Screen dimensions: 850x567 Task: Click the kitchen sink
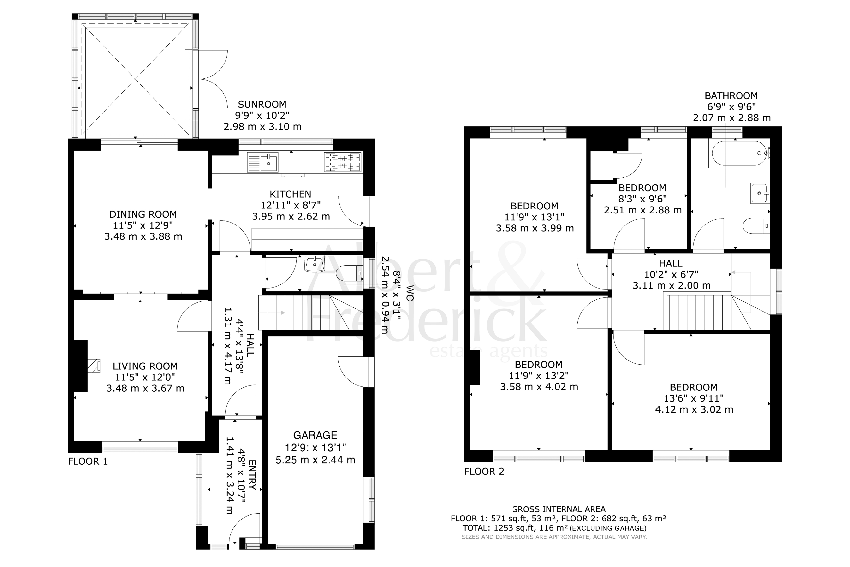(x=263, y=162)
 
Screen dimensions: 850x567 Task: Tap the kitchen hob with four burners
(x=343, y=162)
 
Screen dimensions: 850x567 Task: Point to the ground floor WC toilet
(x=349, y=274)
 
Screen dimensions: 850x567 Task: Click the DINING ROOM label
(x=143, y=214)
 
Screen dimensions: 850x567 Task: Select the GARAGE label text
(x=315, y=435)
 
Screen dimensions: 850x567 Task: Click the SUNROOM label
(x=262, y=105)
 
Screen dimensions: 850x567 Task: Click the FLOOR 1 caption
(x=88, y=461)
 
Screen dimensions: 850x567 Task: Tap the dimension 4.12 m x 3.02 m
(x=694, y=409)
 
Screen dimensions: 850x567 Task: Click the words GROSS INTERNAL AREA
(x=559, y=509)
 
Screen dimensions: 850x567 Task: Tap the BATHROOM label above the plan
(x=731, y=96)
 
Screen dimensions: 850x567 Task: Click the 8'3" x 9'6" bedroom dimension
(x=642, y=199)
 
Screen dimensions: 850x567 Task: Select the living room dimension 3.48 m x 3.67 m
(x=145, y=388)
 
